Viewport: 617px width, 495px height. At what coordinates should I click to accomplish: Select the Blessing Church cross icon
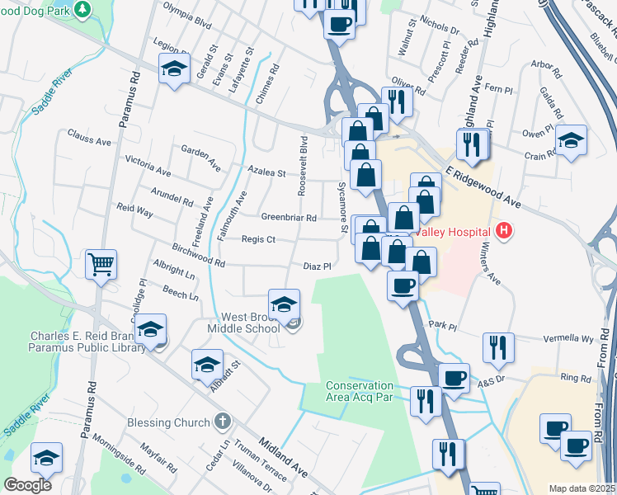(221, 422)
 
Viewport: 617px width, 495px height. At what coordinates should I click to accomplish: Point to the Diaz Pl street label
(317, 266)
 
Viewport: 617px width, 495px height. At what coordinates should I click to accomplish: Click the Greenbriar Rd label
(289, 218)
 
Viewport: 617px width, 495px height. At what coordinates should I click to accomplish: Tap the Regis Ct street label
(258, 239)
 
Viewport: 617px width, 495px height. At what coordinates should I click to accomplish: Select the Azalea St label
(268, 173)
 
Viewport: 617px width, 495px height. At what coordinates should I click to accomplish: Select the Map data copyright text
(582, 488)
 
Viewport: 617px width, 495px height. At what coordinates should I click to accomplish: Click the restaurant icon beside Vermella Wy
(498, 347)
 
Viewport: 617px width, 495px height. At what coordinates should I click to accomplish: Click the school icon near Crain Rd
(571, 139)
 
